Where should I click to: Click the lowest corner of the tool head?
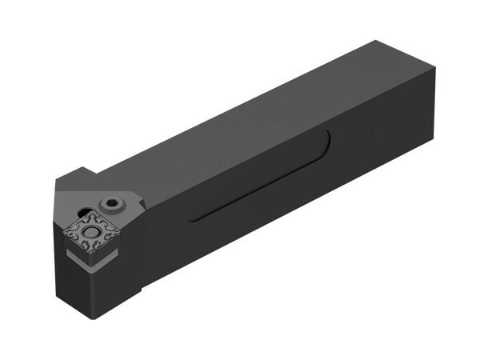(95, 318)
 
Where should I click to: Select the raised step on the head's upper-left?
(80, 178)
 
